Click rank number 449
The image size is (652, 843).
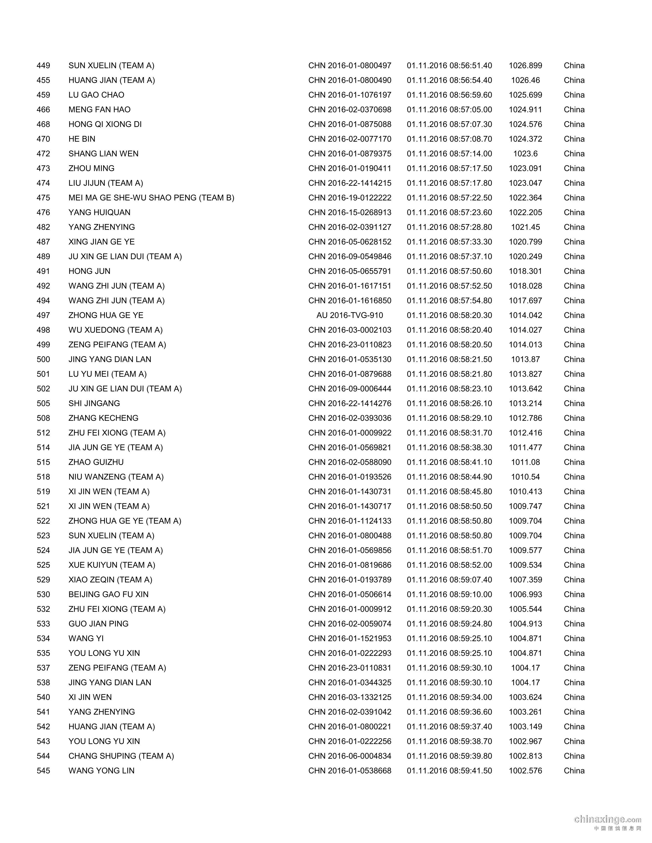[43, 66]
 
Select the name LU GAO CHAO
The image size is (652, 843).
[96, 95]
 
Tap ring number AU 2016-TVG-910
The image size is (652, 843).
[350, 315]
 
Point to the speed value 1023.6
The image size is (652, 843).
[525, 154]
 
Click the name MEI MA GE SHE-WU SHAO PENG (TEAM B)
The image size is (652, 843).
[151, 198]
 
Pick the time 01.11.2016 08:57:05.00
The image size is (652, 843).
[449, 110]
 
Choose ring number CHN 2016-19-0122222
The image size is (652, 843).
[350, 198]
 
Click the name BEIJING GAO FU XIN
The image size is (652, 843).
[108, 594]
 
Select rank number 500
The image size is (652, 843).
[43, 359]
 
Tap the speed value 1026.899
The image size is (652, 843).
[525, 66]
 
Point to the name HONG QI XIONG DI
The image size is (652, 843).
[105, 124]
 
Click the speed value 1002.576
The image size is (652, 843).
[525, 771]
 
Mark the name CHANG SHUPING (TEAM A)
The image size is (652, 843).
[121, 756]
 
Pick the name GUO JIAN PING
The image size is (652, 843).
[98, 624]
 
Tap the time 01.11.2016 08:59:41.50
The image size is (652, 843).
[449, 771]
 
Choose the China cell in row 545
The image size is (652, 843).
[574, 771]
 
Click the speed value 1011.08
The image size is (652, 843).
[525, 462]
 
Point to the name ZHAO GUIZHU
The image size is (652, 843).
[96, 462]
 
